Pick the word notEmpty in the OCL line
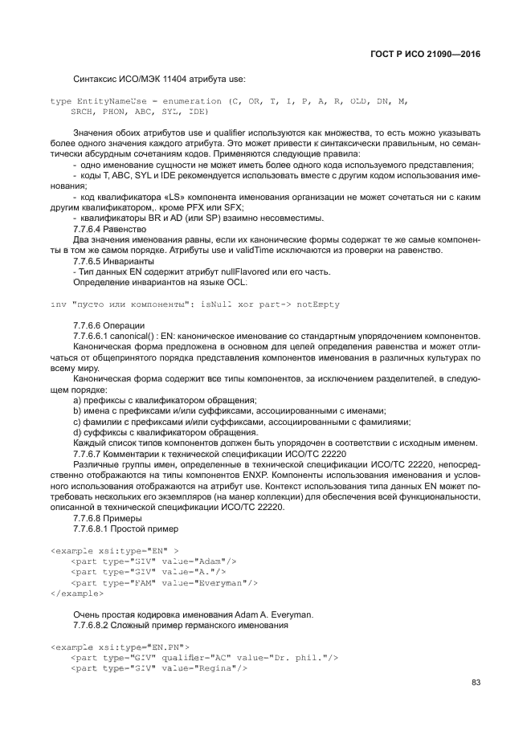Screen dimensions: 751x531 coord(318,304)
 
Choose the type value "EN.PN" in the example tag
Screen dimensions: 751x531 coord(167,647)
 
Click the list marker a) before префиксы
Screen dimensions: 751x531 coord(77,400)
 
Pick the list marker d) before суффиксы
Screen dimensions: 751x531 coord(77,432)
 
